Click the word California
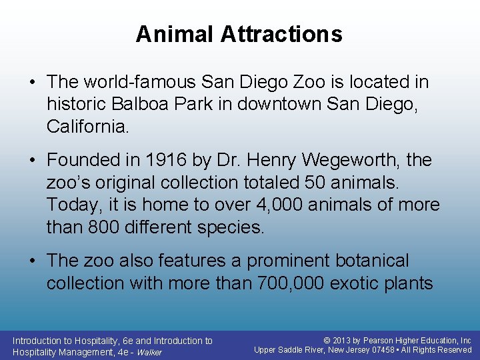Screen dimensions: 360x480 [87, 126]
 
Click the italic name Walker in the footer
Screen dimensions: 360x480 [149, 352]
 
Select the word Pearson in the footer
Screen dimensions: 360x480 [379, 341]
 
